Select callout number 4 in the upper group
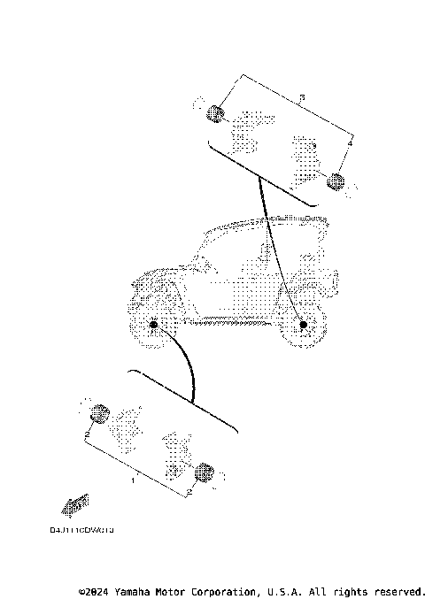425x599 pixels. click(351, 142)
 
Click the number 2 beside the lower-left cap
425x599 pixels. click(87, 436)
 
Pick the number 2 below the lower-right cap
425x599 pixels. click(189, 490)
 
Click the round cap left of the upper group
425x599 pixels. click(214, 112)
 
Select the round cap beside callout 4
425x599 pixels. click(336, 182)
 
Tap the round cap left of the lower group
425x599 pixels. click(99, 412)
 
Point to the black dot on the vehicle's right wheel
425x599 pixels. click(304, 326)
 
